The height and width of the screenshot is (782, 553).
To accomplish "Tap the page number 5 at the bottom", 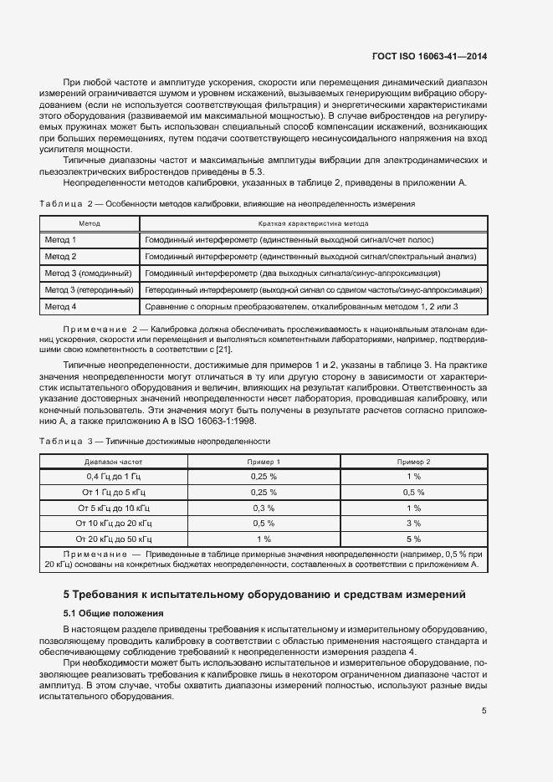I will pyautogui.click(x=484, y=712).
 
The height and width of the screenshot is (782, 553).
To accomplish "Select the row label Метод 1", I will pyautogui.click(x=60, y=239).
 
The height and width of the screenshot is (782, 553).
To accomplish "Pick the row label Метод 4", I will pyautogui.click(x=60, y=307).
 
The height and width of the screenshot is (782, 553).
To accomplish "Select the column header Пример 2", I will pyautogui.click(x=413, y=461).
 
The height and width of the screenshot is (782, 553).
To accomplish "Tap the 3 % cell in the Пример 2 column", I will pyautogui.click(x=413, y=524).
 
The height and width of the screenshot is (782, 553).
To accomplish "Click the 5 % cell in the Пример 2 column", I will pyautogui.click(x=413, y=539).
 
